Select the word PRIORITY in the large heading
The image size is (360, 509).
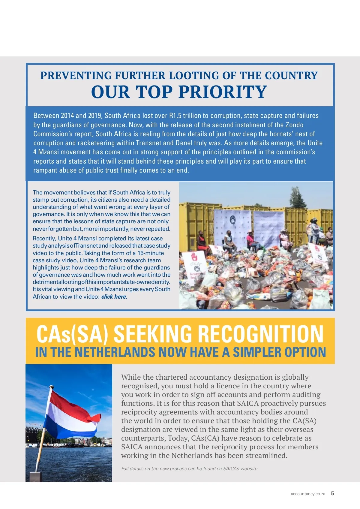tap(223, 92)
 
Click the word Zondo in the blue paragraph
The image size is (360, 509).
tap(294, 125)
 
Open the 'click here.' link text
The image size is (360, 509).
tap(114, 297)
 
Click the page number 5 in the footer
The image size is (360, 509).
tap(332, 493)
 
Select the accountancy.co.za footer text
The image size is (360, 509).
tap(308, 494)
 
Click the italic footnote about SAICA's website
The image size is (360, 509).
tap(190, 469)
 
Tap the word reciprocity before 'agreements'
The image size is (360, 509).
tap(139, 412)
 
